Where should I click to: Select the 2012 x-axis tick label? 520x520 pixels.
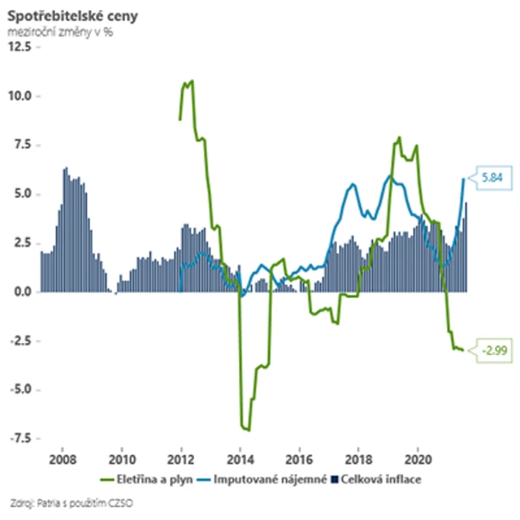pos(181,457)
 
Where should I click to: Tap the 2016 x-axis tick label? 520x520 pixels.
pos(300,457)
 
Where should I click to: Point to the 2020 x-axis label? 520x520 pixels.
pos(418,457)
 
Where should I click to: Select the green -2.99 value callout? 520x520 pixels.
pos(492,350)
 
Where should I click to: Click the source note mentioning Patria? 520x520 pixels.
pos(73,501)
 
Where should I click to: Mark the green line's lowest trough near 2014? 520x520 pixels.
pos(247,430)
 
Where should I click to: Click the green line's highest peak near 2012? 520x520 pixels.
pos(192,80)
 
